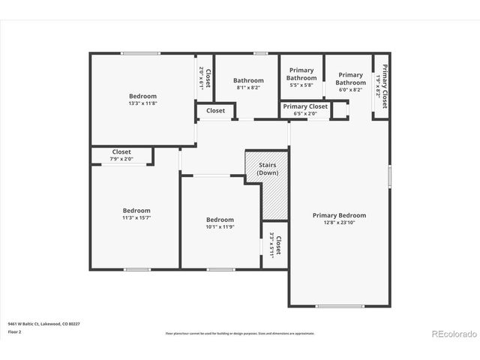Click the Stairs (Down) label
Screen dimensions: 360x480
pyautogui.click(x=267, y=169)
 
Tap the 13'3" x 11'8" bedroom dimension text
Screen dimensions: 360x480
pyautogui.click(x=142, y=103)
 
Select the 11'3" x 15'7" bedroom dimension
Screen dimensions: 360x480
pyautogui.click(x=136, y=218)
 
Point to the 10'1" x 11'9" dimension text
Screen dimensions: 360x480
pyautogui.click(x=220, y=226)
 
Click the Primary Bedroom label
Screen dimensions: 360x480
pyautogui.click(x=339, y=215)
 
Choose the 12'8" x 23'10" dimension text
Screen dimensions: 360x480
pyautogui.click(x=339, y=223)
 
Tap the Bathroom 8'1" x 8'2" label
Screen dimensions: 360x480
pyautogui.click(x=248, y=84)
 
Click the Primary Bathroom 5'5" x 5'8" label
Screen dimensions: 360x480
pyautogui.click(x=301, y=78)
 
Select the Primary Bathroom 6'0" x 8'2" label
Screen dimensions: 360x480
pyautogui.click(x=350, y=82)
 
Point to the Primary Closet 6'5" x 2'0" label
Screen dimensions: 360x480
pyautogui.click(x=305, y=109)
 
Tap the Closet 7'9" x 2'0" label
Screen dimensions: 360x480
pyautogui.click(x=121, y=155)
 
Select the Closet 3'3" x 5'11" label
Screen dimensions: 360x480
pyautogui.click(x=274, y=245)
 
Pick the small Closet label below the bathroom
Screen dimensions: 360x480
pyautogui.click(x=215, y=111)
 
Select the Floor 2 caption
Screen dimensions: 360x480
pyautogui.click(x=14, y=331)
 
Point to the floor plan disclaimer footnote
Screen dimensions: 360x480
pyautogui.click(x=240, y=334)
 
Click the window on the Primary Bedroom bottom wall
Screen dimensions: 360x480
pyautogui.click(x=339, y=305)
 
